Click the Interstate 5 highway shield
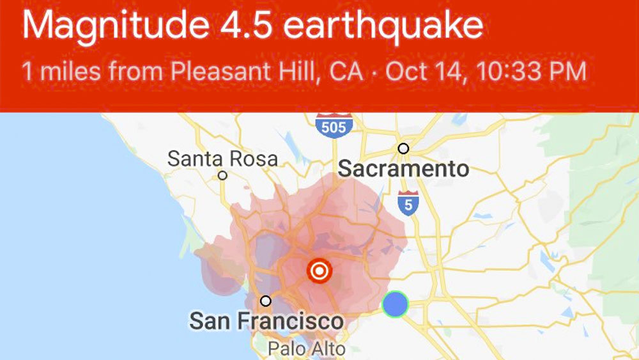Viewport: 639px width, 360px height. [x=408, y=202]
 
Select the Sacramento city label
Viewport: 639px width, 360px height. [x=403, y=169]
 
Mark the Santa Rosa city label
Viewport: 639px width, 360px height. [x=222, y=159]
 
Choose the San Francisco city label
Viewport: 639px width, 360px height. [x=266, y=321]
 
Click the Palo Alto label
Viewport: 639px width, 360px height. [x=307, y=349]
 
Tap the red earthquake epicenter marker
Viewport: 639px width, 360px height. [x=319, y=271]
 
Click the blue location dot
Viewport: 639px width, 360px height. [x=396, y=304]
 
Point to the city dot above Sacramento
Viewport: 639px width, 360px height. [x=403, y=148]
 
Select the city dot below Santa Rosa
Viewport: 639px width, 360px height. [x=222, y=175]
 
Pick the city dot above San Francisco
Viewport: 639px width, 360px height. [x=266, y=301]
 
